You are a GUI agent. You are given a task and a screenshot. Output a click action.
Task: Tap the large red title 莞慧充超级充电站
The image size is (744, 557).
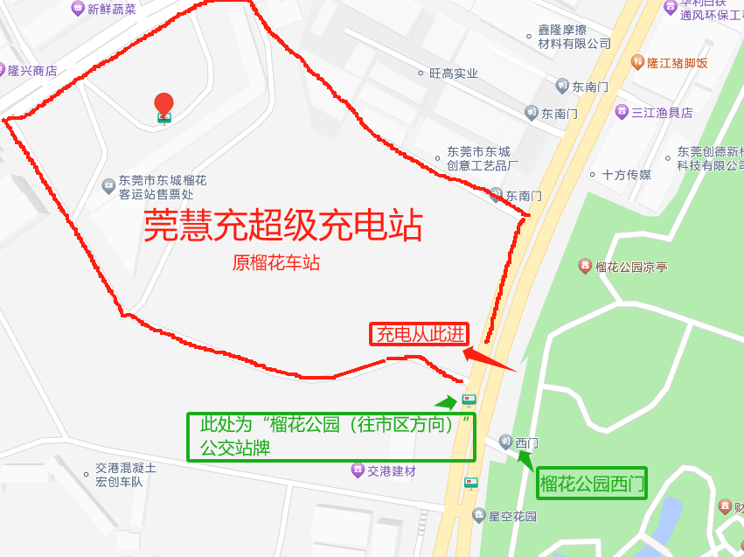[283, 225]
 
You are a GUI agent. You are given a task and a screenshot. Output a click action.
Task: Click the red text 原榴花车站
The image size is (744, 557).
[276, 262]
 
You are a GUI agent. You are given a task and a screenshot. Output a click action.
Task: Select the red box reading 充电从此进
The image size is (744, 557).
[419, 334]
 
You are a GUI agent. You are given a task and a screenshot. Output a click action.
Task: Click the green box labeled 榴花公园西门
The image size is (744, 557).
[592, 483]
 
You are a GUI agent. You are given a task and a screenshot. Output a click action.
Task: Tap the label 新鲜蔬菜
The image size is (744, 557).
[111, 9]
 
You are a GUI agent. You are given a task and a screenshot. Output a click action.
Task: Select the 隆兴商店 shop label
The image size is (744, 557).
[31, 71]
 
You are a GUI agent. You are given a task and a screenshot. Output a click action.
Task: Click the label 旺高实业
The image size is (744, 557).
[453, 73]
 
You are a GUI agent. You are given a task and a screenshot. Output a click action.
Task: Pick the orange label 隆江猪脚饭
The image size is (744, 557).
[676, 63]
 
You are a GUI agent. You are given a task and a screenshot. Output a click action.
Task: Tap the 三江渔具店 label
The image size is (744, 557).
[662, 112]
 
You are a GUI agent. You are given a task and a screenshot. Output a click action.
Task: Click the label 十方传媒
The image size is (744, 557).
[626, 175]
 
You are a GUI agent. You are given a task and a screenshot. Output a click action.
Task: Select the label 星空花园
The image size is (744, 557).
[511, 516]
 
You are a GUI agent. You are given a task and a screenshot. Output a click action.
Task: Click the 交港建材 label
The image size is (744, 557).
[391, 471]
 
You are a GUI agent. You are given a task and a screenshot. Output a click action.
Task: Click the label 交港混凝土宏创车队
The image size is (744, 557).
[126, 475]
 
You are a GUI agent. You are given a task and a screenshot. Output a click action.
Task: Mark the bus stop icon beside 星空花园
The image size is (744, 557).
[471, 483]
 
